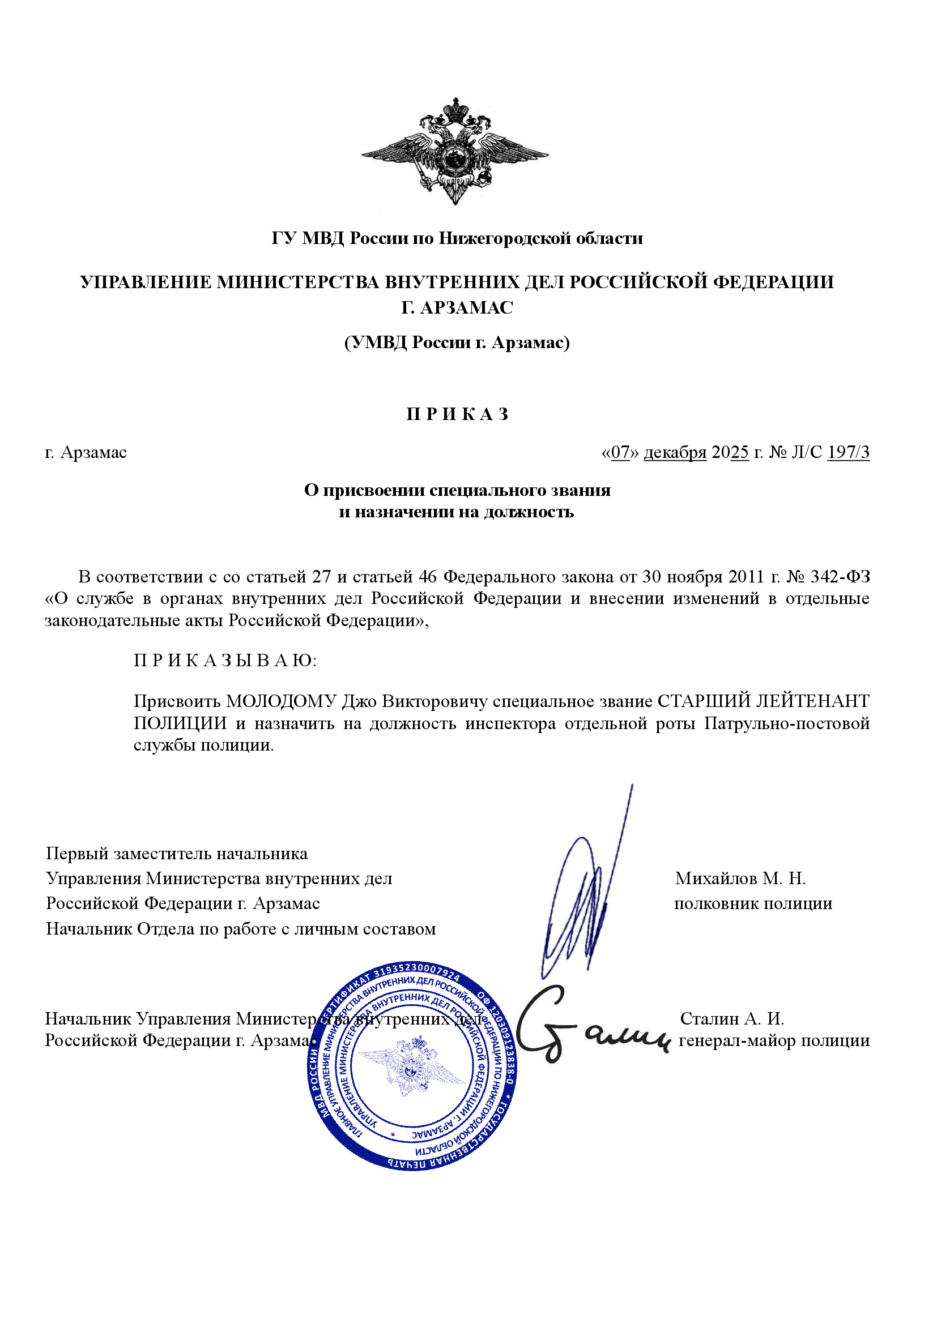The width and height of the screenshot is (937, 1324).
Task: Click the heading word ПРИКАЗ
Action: click(458, 414)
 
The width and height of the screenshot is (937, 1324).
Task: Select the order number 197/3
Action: click(848, 452)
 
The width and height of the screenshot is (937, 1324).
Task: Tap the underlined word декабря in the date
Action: click(675, 452)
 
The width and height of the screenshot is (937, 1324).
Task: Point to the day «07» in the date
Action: click(620, 452)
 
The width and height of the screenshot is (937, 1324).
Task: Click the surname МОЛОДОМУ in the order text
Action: click(281, 701)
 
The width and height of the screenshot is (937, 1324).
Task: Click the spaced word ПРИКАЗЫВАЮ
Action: click(225, 660)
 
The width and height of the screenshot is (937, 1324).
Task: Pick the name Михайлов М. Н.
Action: click(740, 879)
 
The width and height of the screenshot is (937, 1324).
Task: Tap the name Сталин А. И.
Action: click(731, 1018)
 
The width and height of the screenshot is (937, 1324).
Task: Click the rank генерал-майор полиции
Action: click(774, 1040)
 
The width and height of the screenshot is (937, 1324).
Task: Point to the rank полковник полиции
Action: click(753, 903)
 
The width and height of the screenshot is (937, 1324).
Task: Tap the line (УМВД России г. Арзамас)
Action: click(457, 342)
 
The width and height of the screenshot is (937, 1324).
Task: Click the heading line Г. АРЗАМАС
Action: click(457, 308)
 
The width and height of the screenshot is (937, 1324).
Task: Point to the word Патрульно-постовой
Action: click(786, 723)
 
